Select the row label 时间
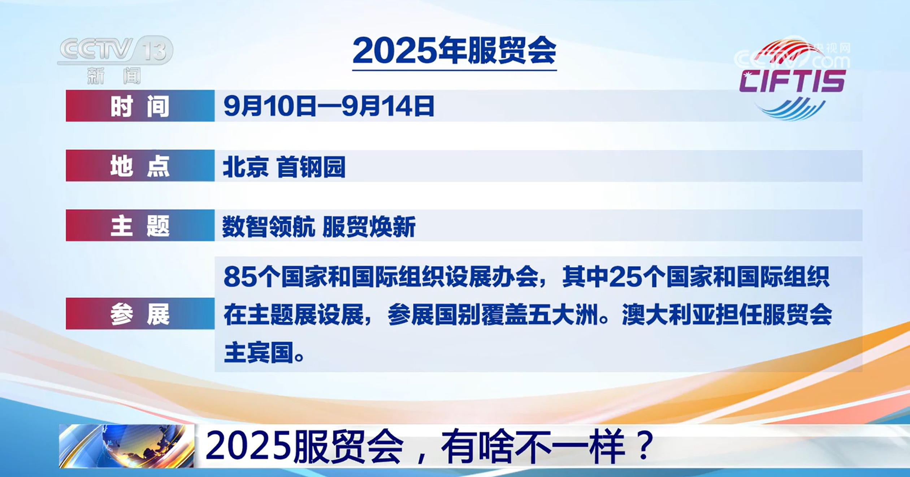coord(140,106)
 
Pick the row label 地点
coord(140,166)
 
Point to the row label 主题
coord(140,226)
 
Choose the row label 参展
coord(140,314)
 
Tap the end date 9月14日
coord(388,106)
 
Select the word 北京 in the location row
coord(246,167)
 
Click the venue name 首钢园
coord(311,167)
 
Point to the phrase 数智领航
coord(268,227)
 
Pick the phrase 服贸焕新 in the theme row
coord(369,227)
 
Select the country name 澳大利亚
coord(668,315)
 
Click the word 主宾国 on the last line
coord(259,352)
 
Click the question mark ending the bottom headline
coord(645,446)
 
